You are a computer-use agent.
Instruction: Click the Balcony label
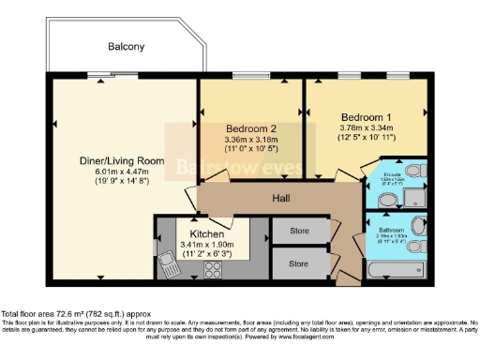[126, 46]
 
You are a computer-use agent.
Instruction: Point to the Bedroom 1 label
[365, 117]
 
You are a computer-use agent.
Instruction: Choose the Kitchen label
[206, 233]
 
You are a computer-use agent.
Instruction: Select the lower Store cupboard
[299, 263]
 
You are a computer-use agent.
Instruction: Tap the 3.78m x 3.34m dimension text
[366, 130]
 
